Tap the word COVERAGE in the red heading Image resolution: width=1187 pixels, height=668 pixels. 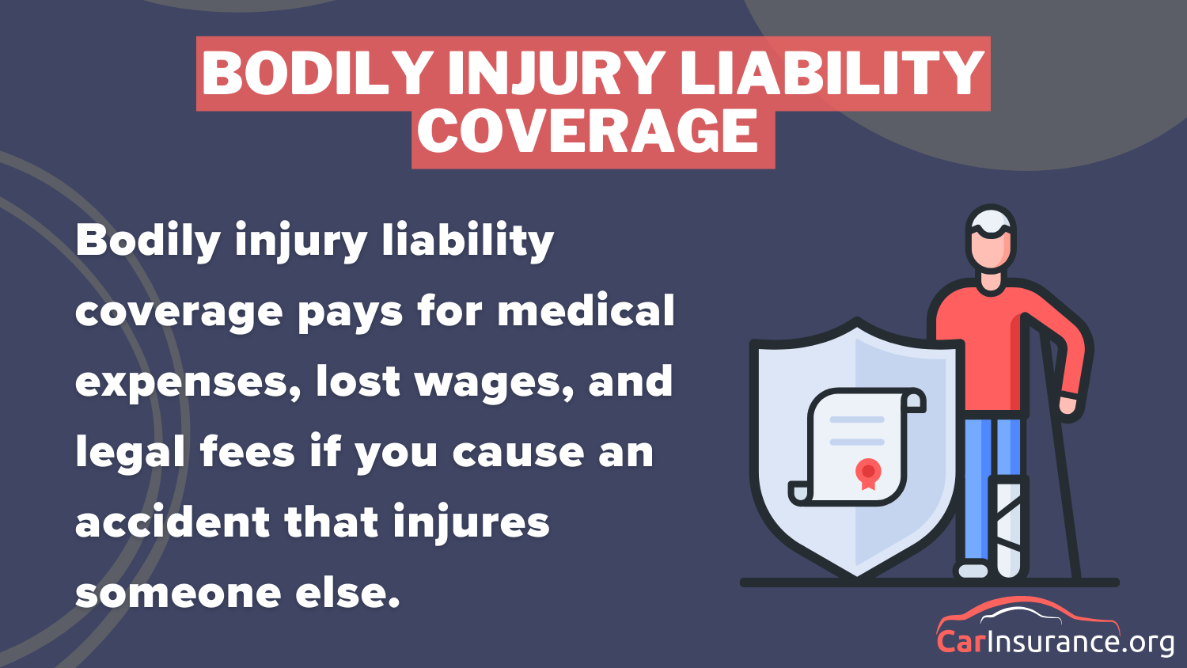[x=593, y=132]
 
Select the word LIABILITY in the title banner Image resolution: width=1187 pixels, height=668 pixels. [x=832, y=74]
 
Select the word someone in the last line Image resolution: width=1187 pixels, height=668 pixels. [x=178, y=593]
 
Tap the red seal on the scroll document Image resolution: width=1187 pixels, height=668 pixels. [x=868, y=473]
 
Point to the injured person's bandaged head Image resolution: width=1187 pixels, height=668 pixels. [x=992, y=225]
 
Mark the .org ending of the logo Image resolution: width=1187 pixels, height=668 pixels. [x=1148, y=642]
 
